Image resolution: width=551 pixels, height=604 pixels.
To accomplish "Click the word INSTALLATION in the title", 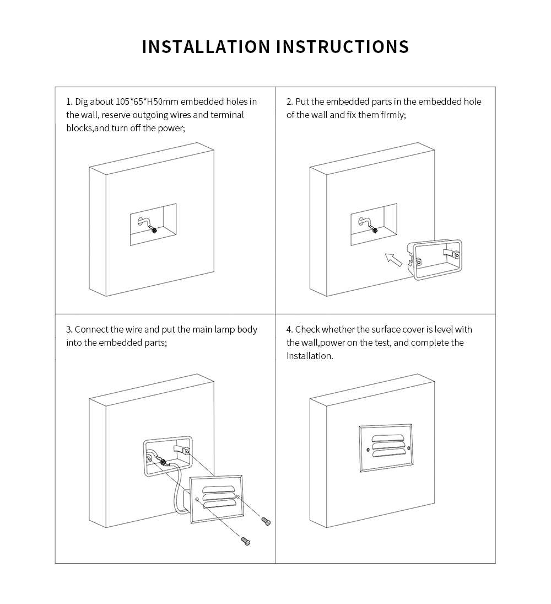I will click(206, 46).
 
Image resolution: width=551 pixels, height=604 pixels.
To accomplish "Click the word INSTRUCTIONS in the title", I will click(342, 46).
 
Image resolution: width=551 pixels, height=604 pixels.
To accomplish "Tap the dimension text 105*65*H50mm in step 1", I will click(148, 101).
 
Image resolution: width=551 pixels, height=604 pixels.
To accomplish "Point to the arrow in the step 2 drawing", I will click(392, 258).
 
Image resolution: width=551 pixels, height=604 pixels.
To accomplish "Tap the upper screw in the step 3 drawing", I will click(266, 520).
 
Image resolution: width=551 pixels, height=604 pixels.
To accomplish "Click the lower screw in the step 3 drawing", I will click(246, 542).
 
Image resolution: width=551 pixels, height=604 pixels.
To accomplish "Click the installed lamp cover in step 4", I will click(385, 448).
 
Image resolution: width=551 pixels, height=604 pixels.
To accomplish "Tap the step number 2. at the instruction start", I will click(290, 101).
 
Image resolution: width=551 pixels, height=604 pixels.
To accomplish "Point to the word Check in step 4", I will click(307, 329).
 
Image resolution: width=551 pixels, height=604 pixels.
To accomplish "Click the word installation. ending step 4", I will click(310, 356).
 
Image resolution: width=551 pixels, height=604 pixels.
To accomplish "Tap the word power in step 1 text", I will click(170, 128).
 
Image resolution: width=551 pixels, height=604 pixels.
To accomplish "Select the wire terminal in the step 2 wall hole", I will click(374, 231).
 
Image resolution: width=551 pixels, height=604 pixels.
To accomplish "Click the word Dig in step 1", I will click(81, 101).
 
